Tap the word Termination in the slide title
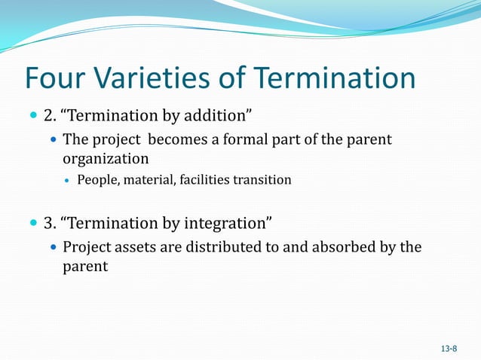point(334,79)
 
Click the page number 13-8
point(449,349)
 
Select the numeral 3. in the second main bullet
point(51,223)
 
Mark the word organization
point(106,159)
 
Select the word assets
point(136,247)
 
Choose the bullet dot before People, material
point(68,181)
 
